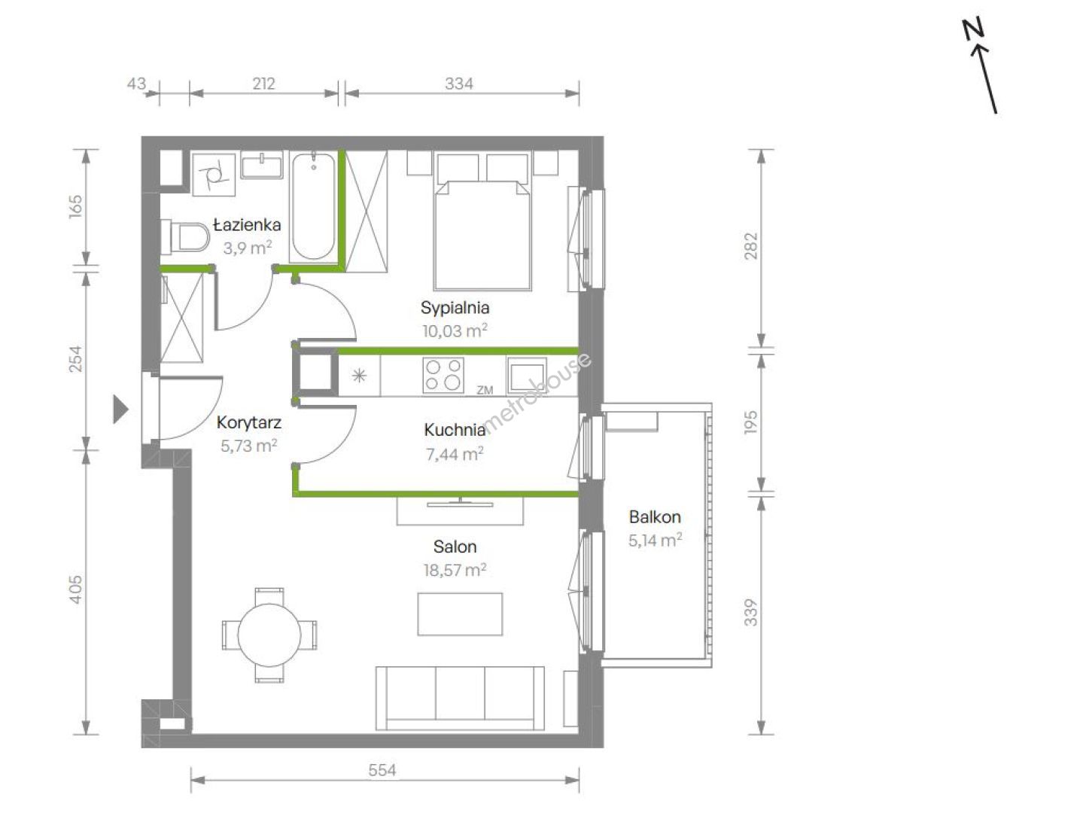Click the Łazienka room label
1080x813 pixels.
click(247, 225)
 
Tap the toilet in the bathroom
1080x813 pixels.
click(185, 236)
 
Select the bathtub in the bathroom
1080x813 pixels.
click(313, 206)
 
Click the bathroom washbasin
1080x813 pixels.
click(262, 166)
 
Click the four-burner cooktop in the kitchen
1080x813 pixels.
click(443, 375)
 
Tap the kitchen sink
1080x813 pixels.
click(527, 376)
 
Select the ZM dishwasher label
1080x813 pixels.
click(485, 390)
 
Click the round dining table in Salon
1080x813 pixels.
click(269, 635)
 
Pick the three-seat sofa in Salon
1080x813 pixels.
click(460, 699)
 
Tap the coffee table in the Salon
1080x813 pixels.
click(460, 614)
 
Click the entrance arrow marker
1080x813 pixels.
click(120, 409)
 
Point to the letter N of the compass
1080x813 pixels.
click(973, 29)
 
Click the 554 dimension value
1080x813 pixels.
click(382, 770)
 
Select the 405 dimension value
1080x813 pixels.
click(76, 589)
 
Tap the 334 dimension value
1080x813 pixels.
click(459, 84)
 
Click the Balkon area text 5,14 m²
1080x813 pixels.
click(655, 540)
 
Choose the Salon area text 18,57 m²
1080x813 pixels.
click(455, 570)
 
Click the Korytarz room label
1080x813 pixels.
click(249, 422)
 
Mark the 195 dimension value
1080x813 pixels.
click(751, 422)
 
